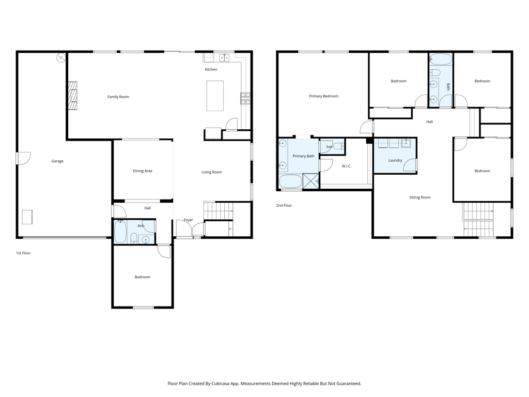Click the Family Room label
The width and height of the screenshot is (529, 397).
pos(118,97)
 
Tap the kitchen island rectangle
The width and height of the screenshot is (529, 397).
pos(215,96)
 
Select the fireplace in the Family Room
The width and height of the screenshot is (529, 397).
pos(72,96)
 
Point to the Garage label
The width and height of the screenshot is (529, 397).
pos(57,161)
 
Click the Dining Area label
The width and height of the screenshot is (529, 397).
pos(143,171)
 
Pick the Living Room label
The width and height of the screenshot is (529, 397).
pos(211,172)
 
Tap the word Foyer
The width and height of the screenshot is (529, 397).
pos(188,220)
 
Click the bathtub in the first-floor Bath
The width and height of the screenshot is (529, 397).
pos(120,232)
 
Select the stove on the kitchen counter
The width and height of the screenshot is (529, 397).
pos(245,98)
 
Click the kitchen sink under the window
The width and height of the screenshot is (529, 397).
pos(224,58)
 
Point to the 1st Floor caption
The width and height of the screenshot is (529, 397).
pos(23,253)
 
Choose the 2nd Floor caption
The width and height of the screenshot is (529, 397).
pos(284,205)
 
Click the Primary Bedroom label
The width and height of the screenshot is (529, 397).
pos(323,96)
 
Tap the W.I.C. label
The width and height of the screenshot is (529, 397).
pos(347,166)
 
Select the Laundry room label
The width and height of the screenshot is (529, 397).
pos(395,160)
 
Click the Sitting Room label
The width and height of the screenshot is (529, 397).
pos(419,197)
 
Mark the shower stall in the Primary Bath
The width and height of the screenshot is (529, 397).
pos(310,180)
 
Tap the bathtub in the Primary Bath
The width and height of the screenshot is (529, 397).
pos(290,181)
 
